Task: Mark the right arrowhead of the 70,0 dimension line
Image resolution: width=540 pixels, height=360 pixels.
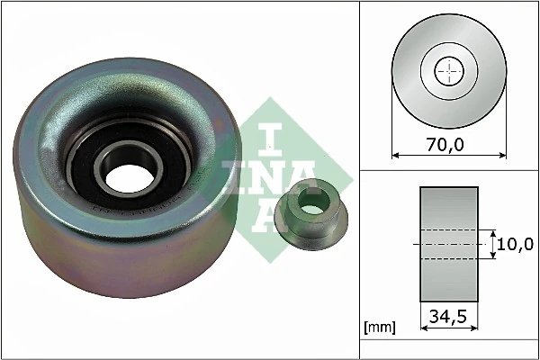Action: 500,156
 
